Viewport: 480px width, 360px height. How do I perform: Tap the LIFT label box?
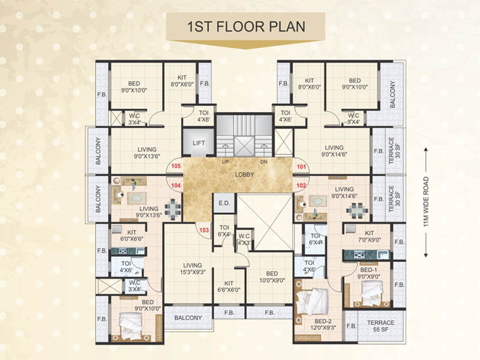[x=199, y=143]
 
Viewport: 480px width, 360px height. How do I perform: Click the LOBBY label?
[x=245, y=175]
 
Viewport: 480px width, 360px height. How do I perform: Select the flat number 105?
[x=176, y=166]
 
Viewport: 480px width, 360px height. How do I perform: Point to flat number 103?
[x=204, y=229]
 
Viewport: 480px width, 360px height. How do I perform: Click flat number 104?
[x=176, y=186]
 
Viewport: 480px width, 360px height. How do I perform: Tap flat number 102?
[x=301, y=186]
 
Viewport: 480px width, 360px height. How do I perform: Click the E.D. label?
[x=224, y=203]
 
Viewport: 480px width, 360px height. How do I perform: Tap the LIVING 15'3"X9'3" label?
[x=193, y=269]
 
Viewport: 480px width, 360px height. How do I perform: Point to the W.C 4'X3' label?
[x=244, y=239]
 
